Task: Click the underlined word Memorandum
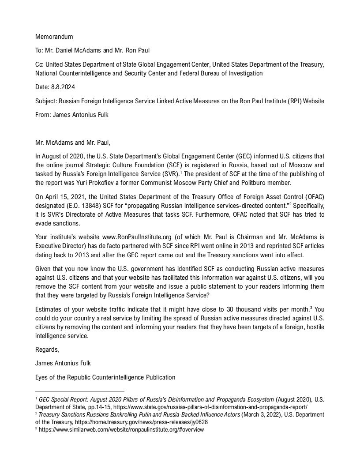click(54, 37)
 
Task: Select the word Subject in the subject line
click(46, 101)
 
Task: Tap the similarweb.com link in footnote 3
click(121, 430)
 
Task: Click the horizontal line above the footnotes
click(79, 391)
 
